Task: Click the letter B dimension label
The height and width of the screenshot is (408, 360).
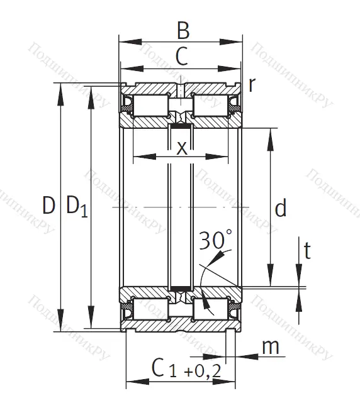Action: click(182, 30)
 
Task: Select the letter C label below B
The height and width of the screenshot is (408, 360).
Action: click(181, 57)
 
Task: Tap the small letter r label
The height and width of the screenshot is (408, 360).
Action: click(252, 85)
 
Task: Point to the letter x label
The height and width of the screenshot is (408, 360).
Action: click(181, 148)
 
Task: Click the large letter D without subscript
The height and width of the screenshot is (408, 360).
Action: click(48, 206)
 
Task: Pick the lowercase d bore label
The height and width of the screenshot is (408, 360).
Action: click(281, 207)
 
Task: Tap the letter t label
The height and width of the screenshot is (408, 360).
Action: click(307, 251)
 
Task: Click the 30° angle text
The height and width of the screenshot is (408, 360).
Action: click(215, 240)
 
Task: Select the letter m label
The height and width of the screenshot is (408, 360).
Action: click(270, 346)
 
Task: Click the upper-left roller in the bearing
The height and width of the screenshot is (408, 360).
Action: click(150, 105)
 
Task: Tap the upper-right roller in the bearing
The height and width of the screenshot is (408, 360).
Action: click(213, 105)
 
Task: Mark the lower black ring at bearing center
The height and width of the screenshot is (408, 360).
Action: click(181, 288)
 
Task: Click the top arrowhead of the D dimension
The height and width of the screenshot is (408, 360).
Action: click(61, 89)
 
